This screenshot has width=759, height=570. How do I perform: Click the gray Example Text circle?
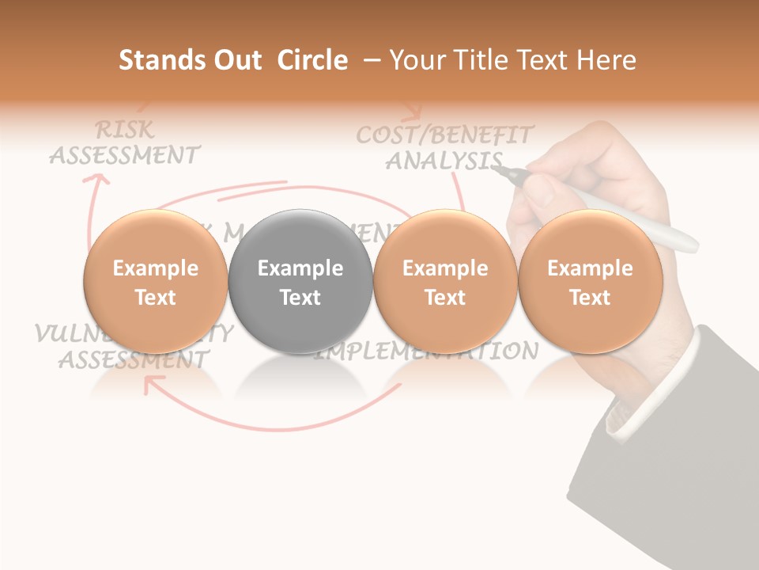300,282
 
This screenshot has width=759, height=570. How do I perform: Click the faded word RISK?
124,129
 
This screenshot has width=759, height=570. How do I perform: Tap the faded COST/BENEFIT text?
445,134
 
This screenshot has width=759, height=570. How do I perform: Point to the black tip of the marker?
506,171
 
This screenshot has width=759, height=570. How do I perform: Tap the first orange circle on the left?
155,282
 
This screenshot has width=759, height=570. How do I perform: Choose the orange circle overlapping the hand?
590,282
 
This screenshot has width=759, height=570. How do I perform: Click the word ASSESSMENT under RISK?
124,154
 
